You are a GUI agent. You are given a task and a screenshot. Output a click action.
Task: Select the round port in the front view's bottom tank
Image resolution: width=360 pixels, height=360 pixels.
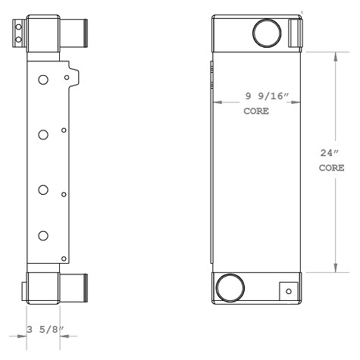pyautogui.click(x=229, y=288)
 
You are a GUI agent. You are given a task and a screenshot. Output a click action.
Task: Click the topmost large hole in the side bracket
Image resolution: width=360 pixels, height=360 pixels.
pyautogui.click(x=43, y=80)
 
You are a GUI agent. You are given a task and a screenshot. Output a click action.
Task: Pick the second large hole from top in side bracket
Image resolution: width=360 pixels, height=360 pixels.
pyautogui.click(x=43, y=134)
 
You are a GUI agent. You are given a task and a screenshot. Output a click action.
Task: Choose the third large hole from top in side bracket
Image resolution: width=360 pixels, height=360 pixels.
pyautogui.click(x=43, y=189)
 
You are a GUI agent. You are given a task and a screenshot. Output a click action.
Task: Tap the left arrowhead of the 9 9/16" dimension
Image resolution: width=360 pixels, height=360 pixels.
pyautogui.click(x=217, y=102)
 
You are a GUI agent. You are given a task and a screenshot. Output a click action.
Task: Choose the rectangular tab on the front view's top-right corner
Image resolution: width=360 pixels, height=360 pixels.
pyautogui.click(x=296, y=32)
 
